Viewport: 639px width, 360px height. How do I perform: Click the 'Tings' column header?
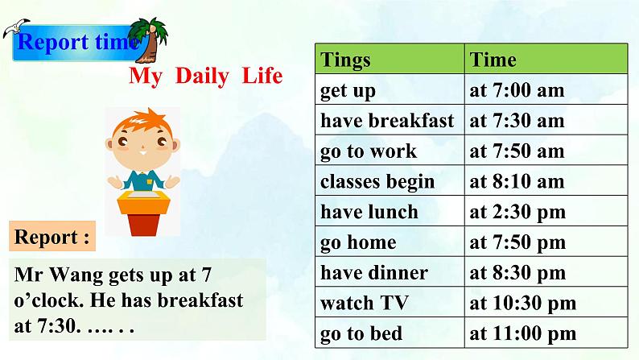point(390,59)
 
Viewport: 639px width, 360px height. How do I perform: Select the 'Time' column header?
point(546,59)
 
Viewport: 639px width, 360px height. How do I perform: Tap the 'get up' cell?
point(390,89)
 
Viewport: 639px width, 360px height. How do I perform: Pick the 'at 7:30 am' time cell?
point(546,120)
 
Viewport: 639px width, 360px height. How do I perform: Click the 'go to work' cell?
point(390,150)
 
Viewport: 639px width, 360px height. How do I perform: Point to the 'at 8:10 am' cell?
point(546,180)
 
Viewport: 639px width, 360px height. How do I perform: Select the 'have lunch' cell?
point(390,211)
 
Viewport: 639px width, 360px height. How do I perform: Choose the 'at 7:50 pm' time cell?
point(546,242)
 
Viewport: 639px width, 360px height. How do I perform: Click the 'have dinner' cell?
point(390,272)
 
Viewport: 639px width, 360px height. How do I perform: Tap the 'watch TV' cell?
point(390,302)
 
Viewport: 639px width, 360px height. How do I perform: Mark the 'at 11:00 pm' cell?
point(546,333)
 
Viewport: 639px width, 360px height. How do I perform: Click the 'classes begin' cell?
point(390,180)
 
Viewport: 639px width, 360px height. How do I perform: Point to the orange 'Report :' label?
point(52,236)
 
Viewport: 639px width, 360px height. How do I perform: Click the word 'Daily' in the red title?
point(202,77)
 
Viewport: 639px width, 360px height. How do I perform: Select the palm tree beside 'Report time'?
point(148,40)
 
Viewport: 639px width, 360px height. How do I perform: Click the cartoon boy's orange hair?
point(142,121)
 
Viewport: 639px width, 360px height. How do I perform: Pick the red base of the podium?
point(142,225)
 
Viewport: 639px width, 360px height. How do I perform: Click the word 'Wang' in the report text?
point(76,275)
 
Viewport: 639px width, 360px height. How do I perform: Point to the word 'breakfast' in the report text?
point(200,300)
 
